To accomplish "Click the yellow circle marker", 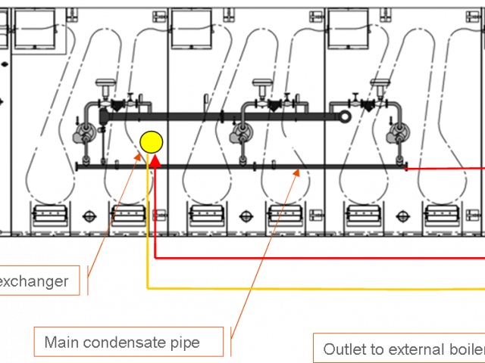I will (x=152, y=141).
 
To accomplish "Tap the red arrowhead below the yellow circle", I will (x=154, y=159).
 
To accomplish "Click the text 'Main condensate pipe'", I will (x=122, y=342).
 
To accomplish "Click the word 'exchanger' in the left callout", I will (x=34, y=282).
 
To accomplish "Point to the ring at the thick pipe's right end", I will (x=345, y=116).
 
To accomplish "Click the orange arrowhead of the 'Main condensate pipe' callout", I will (x=297, y=172).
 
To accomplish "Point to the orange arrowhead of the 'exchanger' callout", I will (x=139, y=154).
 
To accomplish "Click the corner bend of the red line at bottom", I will (x=155, y=257).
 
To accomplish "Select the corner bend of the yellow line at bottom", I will (x=148, y=287).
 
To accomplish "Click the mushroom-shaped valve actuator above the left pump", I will (x=103, y=84).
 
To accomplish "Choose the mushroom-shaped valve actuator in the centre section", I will (x=255, y=84).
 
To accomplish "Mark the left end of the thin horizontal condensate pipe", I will (x=77, y=166).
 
